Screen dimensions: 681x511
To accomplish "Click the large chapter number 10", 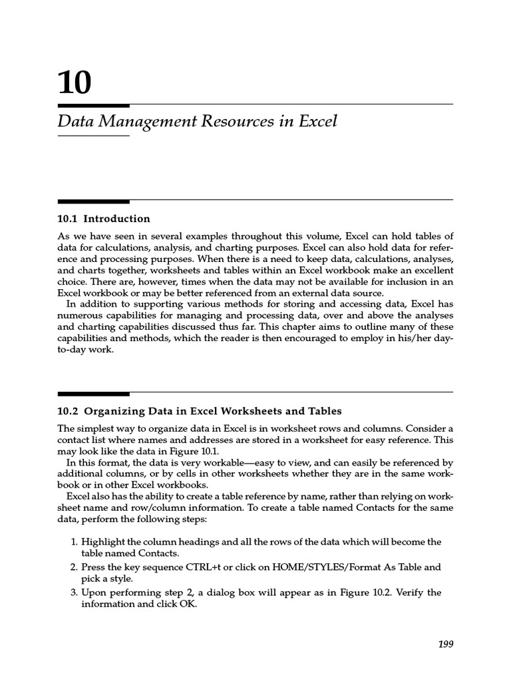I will [74, 83].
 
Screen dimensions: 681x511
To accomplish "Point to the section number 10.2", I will [67, 411].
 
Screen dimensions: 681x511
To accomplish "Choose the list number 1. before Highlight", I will [74, 542].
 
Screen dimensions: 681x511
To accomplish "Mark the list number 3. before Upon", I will [74, 593].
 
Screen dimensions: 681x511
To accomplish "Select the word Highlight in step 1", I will [103, 542].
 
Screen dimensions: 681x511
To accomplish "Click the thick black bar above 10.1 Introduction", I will [94, 201].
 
